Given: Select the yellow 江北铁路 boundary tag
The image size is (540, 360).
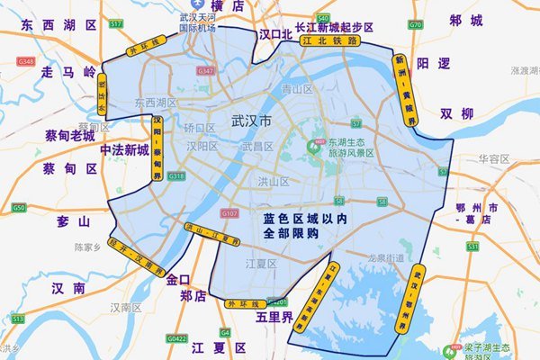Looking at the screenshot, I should (x=330, y=40).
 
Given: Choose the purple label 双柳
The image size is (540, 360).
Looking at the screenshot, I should (x=456, y=113).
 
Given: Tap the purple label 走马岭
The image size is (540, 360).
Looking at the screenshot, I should (x=68, y=71).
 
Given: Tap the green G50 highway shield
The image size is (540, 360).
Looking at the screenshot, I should (x=18, y=208).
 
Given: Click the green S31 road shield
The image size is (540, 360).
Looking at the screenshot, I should (x=472, y=245).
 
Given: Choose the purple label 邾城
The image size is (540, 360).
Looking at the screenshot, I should (x=465, y=20).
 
